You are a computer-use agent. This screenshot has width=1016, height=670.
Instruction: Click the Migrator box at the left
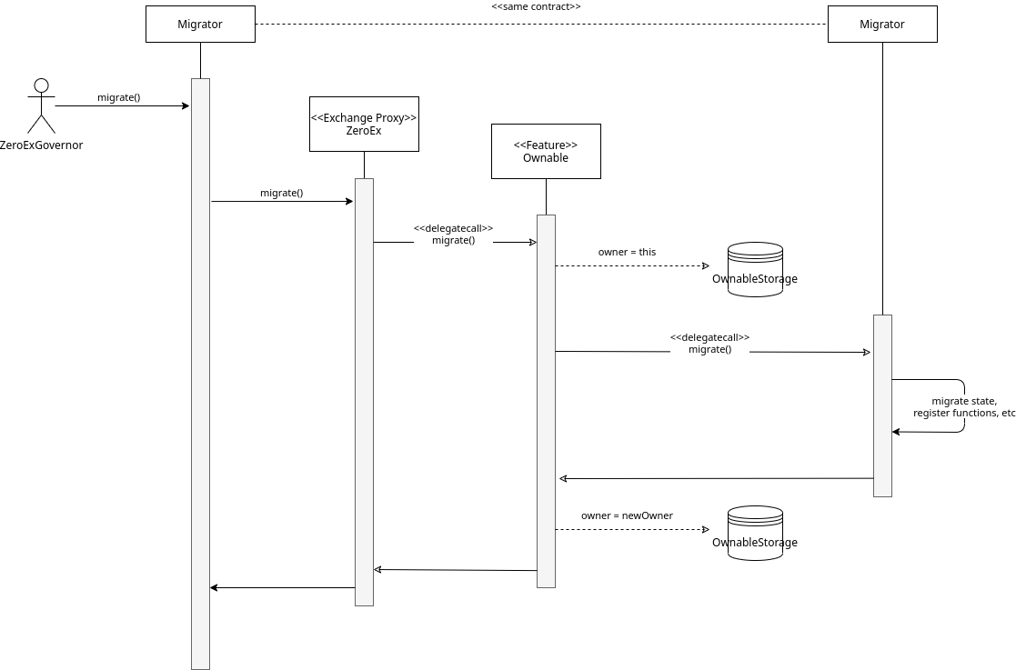pos(200,25)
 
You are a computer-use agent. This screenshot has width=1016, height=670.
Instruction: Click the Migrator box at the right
pos(881,25)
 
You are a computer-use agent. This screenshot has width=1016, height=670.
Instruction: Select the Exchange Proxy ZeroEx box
pos(364,124)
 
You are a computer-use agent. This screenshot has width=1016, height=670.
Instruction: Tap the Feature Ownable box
pos(546,151)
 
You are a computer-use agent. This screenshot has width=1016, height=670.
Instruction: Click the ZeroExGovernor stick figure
pos(41,106)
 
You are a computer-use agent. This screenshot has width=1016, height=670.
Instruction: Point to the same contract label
pos(536,6)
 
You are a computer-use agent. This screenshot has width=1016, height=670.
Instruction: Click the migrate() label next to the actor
pos(118,97)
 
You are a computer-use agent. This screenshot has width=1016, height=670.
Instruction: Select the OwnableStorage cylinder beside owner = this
pos(755,268)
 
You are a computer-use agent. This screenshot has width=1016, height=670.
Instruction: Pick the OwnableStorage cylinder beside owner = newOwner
pos(755,532)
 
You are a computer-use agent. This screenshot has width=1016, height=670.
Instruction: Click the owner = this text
pos(627,252)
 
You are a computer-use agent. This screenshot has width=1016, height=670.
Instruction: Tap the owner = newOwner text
pos(627,515)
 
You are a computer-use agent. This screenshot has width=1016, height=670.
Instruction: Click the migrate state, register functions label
pos(963,406)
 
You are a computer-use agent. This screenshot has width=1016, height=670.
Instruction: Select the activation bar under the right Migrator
pos(882,405)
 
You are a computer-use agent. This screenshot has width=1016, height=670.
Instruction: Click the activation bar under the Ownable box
pos(546,400)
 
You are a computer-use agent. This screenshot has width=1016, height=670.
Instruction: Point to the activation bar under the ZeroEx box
pos(364,391)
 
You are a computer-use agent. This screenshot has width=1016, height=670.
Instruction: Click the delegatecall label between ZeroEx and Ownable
pos(453,235)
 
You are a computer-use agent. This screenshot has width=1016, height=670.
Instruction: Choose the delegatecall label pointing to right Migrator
pos(709,343)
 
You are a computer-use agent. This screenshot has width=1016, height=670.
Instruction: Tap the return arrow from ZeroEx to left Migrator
pos(282,587)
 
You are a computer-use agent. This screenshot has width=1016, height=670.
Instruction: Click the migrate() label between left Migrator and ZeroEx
pos(281,193)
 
